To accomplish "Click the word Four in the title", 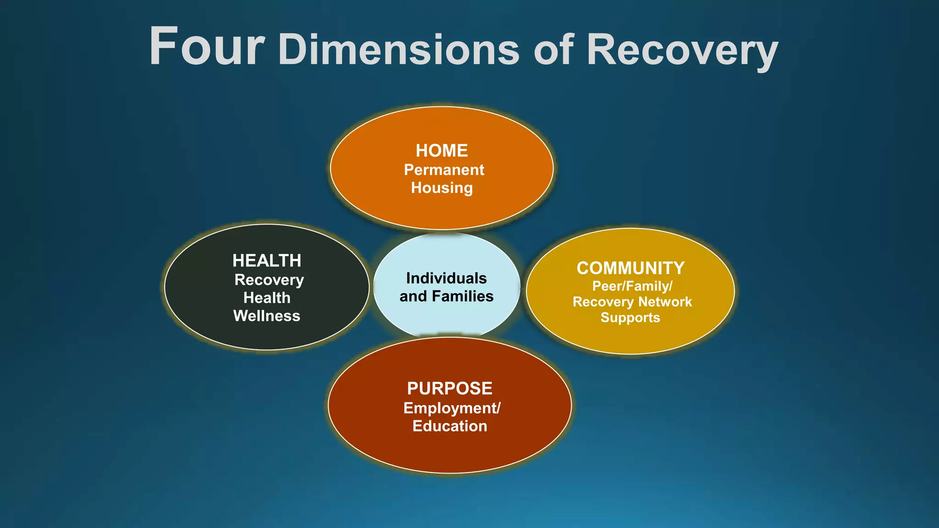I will pos(207,47).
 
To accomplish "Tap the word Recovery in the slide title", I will pos(682,50).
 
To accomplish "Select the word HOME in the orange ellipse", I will pos(442,151).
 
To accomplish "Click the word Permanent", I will pos(444,170).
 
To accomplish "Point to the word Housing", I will pos(442,188).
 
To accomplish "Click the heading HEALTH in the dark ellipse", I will pos(267,261).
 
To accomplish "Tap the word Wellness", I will pos(267,316).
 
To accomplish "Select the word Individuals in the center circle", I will pos(446,278).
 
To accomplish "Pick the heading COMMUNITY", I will pos(630,268).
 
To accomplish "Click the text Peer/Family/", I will pos(632,286).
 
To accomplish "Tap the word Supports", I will pos(630,318).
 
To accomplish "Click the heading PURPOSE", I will pos(449,389).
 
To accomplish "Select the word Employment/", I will pos(452,408).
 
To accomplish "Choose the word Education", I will pos(449,426).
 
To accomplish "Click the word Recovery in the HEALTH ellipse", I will pos(269,280).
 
